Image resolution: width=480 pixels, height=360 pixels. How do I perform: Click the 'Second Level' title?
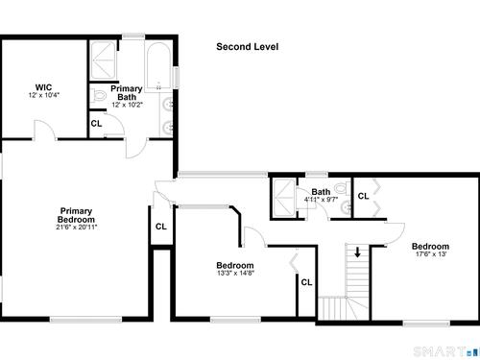pos(247,47)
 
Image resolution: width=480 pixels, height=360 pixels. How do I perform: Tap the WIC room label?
pos(43,87)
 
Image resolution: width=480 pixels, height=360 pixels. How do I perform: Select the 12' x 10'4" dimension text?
pos(44,95)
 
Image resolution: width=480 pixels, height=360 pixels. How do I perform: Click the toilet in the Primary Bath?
pos(100,95)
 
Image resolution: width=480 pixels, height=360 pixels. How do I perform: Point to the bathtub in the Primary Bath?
pos(159,66)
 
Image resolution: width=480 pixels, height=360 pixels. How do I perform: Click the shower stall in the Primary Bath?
pos(103,60)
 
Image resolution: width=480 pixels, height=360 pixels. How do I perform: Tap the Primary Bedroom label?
pos(76,215)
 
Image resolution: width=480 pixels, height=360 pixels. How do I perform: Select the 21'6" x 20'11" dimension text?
pos(76,228)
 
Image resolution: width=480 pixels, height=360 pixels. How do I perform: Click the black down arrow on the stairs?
pos(357,252)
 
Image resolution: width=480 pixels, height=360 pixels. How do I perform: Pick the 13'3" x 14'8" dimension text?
pos(235,274)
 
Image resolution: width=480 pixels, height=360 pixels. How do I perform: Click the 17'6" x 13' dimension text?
pos(430,254)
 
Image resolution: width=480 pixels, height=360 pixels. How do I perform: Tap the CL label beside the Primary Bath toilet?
pos(96,124)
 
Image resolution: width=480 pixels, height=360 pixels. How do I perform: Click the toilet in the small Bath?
pos(341,188)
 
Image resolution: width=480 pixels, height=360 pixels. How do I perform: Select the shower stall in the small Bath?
pos(283,197)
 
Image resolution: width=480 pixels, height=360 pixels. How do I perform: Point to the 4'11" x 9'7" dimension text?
pos(321,200)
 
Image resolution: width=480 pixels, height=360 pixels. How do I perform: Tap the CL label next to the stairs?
pos(306,282)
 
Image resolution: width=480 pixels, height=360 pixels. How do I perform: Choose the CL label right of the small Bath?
pos(363,196)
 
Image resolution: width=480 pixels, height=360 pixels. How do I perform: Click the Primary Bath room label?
pos(127,93)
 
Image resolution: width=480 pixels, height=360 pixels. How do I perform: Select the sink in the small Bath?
pos(347,208)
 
